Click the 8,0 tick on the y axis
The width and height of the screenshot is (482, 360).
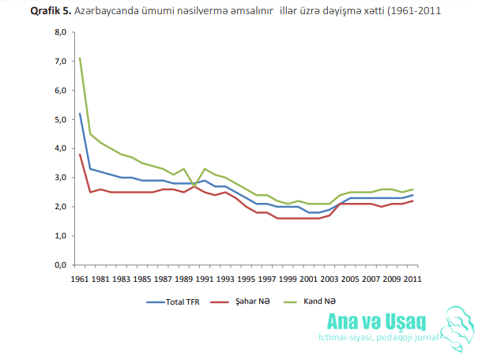[x=61, y=32]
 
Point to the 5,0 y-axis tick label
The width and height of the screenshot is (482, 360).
[x=61, y=119]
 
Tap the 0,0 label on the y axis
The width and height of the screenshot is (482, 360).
[x=61, y=265]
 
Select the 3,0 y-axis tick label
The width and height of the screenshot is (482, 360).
[x=61, y=178]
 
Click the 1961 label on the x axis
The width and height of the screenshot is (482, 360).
[x=80, y=279]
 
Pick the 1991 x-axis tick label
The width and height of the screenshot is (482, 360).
[x=205, y=279]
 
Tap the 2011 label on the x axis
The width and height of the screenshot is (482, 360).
[x=412, y=279]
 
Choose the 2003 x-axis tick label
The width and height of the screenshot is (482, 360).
[x=329, y=279]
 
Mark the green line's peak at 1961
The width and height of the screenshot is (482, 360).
[x=80, y=58]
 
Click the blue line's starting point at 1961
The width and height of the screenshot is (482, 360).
[x=80, y=114]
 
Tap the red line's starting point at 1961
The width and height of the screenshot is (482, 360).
[x=80, y=154]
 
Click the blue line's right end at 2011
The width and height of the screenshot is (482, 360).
[x=412, y=195]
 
